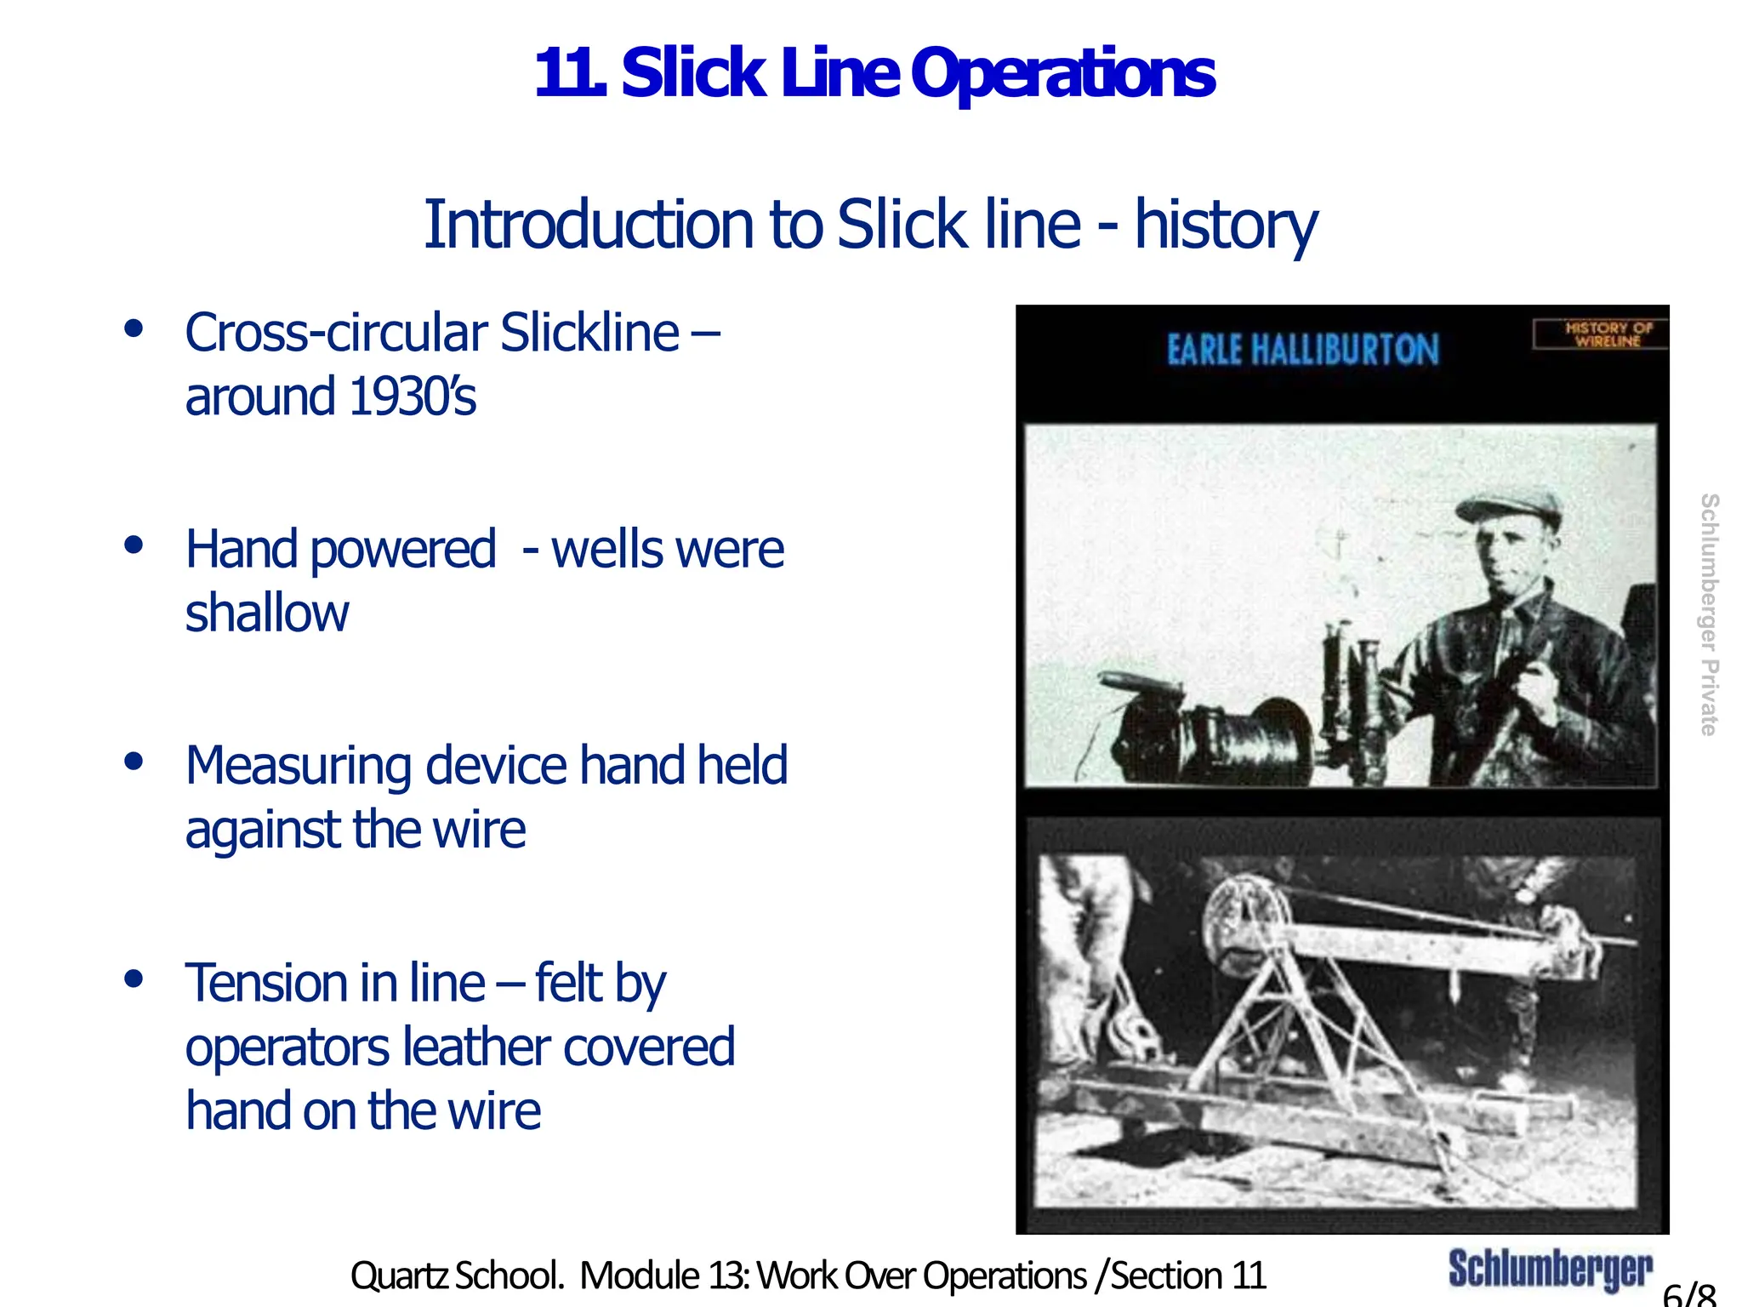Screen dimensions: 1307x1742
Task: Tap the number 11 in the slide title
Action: tap(568, 74)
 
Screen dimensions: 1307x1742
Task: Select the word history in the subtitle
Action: tap(1226, 225)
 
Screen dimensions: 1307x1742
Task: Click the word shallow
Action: tap(267, 613)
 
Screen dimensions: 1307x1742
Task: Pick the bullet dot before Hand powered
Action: tap(133, 545)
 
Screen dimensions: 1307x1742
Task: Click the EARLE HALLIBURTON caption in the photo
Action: tap(1302, 350)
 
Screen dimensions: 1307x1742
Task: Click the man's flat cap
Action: tap(1511, 510)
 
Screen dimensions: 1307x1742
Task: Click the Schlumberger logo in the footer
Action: tap(1550, 1270)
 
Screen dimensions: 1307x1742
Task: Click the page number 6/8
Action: tap(1689, 1294)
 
